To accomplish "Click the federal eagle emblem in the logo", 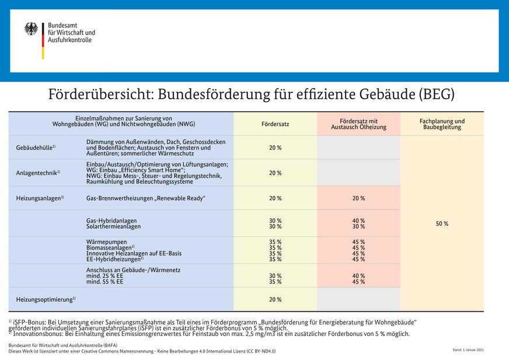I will [x=31, y=29].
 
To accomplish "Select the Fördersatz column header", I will [x=275, y=124].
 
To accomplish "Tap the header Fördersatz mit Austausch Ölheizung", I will [x=358, y=124].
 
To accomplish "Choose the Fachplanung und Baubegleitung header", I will [x=442, y=124].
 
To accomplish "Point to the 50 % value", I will [x=442, y=224].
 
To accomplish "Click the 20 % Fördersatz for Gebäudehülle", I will [x=275, y=148].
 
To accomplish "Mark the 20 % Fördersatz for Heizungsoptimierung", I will [x=275, y=299].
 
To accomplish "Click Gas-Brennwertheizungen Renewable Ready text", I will [x=146, y=198].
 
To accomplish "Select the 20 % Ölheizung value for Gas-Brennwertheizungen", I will [x=358, y=198].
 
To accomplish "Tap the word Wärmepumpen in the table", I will [x=103, y=242].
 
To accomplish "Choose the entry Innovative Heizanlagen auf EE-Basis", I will [x=134, y=253].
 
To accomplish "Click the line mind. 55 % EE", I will [x=104, y=282].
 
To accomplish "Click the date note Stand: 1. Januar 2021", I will [x=468, y=350].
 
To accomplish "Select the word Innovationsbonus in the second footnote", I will [x=39, y=334].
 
